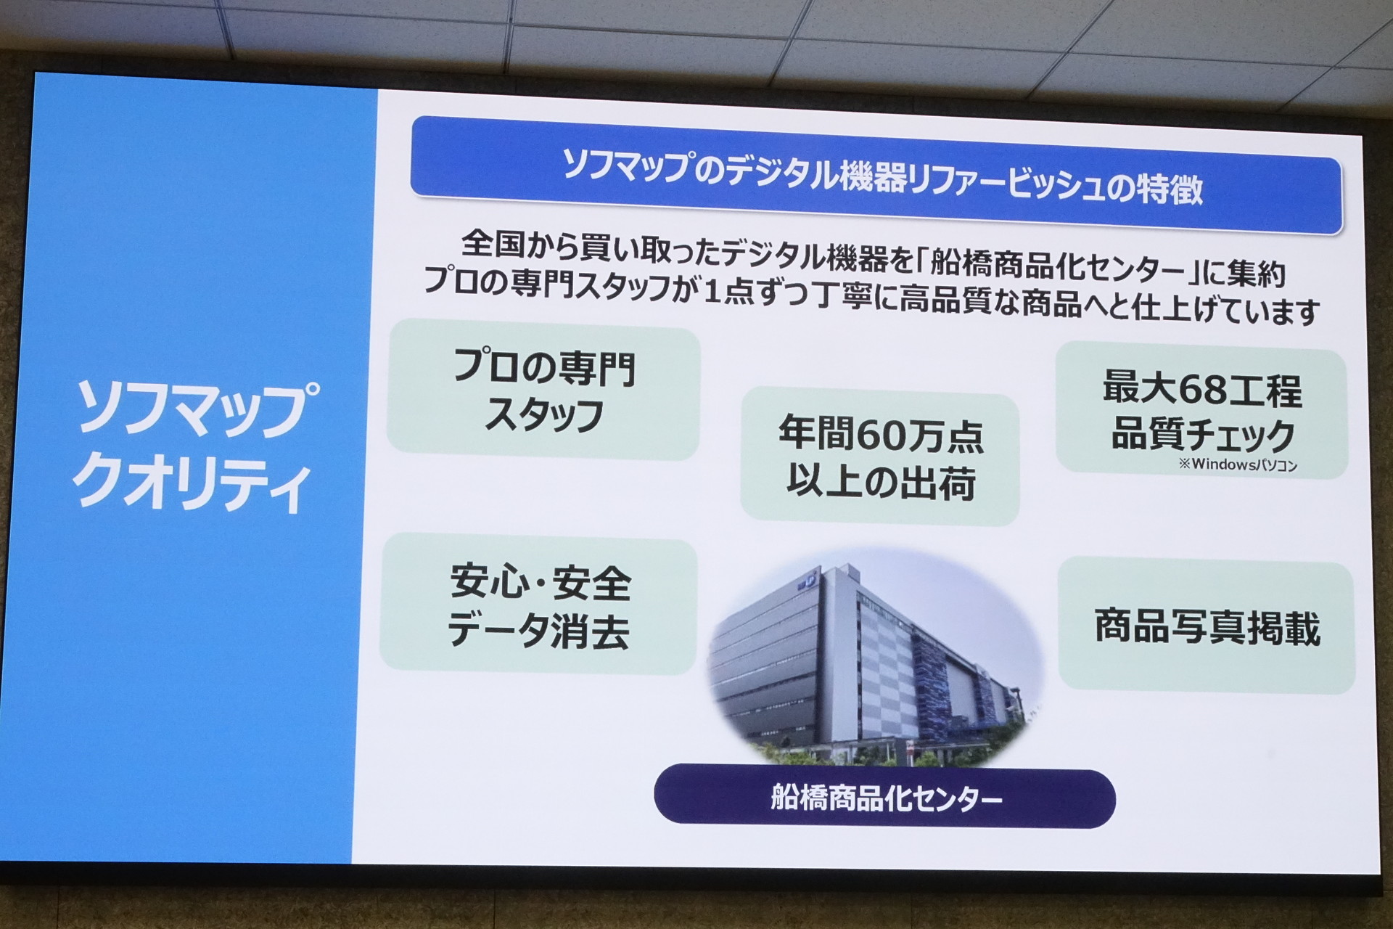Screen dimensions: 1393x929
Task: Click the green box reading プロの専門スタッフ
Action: [543, 393]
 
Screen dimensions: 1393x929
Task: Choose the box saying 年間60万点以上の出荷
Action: [880, 457]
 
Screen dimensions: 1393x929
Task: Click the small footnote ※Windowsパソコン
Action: [1238, 464]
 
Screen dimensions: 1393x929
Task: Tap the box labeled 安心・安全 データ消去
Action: [538, 605]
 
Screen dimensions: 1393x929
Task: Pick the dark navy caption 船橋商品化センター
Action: [884, 799]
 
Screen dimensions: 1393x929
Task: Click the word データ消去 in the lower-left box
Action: [538, 630]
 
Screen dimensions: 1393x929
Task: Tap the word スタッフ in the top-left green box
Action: [544, 415]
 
